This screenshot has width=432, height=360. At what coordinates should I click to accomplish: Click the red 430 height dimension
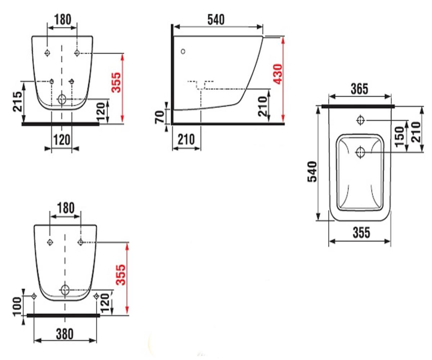[x=278, y=74]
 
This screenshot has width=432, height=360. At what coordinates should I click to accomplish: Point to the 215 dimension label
[x=17, y=102]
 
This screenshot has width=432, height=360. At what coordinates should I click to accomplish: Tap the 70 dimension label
[x=159, y=117]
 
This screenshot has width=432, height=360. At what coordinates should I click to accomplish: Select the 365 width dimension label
[x=360, y=89]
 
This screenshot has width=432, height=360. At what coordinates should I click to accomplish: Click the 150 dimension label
[x=399, y=137]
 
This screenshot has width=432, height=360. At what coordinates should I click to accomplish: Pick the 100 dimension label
[x=17, y=307]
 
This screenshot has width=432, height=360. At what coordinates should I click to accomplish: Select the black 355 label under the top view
[x=361, y=233]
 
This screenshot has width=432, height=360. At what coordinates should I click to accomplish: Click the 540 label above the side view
[x=216, y=20]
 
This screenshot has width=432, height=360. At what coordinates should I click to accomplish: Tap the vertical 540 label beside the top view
[x=312, y=172]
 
